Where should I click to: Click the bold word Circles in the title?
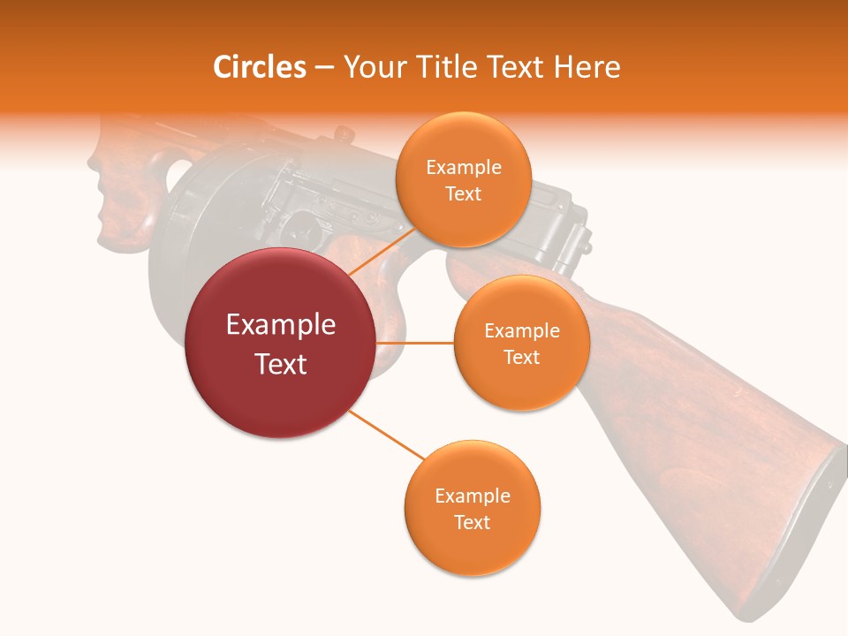[259, 67]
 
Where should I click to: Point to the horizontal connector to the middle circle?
[415, 343]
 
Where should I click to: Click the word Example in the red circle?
[281, 325]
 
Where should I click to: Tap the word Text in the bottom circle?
[472, 522]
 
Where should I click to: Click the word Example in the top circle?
[463, 167]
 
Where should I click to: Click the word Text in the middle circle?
[521, 357]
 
